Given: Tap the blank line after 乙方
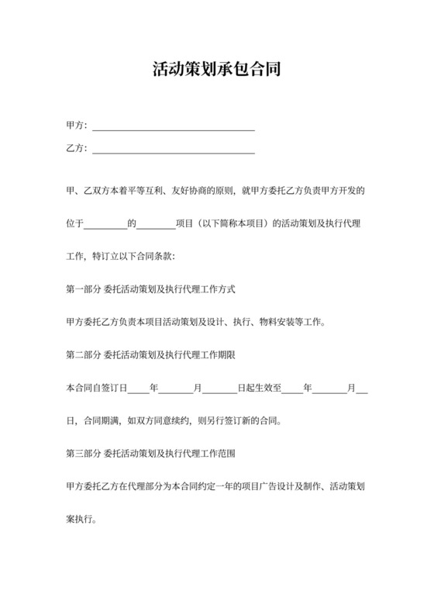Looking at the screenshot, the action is click(174, 151).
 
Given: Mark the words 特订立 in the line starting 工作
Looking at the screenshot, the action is click(104, 256).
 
